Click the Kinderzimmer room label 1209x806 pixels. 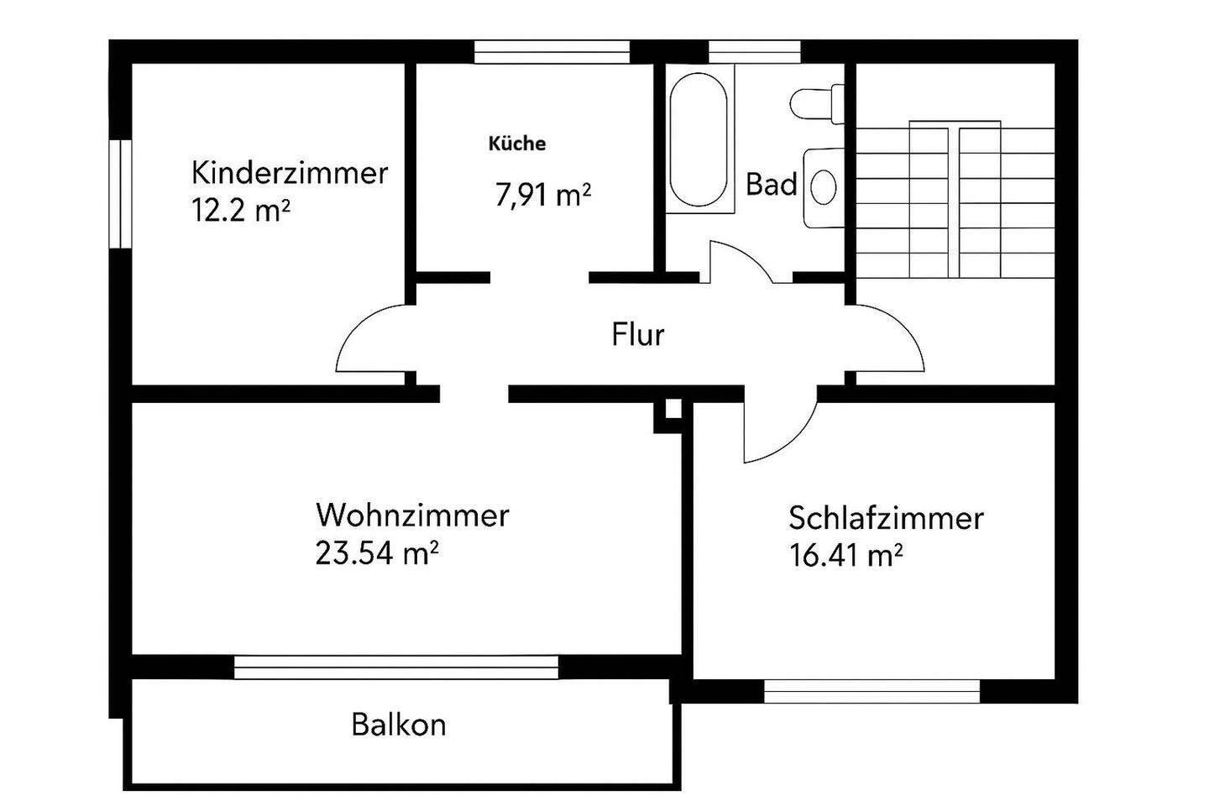[x=290, y=173]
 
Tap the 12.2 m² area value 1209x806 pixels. [x=241, y=210]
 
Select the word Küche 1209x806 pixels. [x=517, y=144]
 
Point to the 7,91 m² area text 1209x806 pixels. [x=543, y=195]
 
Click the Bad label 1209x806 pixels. [x=771, y=184]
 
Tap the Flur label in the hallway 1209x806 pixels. [x=638, y=335]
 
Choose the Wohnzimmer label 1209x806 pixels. [x=411, y=515]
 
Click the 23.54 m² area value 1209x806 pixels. [x=377, y=553]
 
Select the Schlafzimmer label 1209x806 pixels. [x=886, y=518]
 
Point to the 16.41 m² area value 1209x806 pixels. [x=846, y=556]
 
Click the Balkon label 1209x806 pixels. [x=399, y=724]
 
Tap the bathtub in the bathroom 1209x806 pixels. [x=699, y=140]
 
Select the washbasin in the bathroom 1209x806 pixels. [x=823, y=186]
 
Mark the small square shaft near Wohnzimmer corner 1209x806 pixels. [x=672, y=411]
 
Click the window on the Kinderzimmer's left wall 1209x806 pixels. [x=123, y=193]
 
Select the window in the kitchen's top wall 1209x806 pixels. [x=552, y=51]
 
